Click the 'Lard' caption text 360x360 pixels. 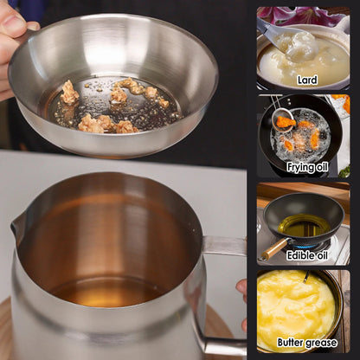pos(306,80)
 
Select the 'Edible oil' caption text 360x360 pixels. pos(308,254)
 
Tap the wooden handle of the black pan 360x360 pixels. pos(273,248)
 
